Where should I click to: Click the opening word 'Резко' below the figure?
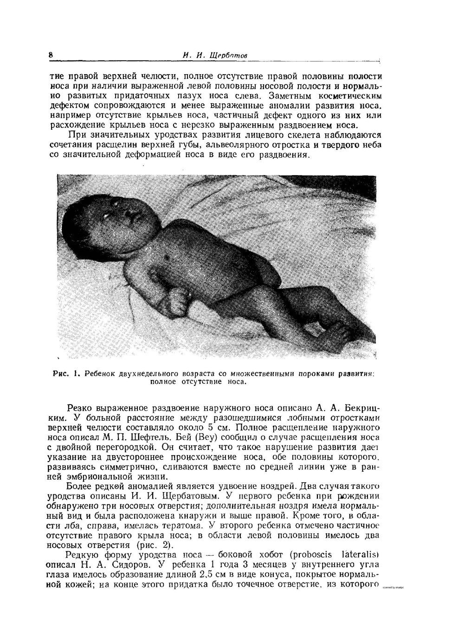79,408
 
